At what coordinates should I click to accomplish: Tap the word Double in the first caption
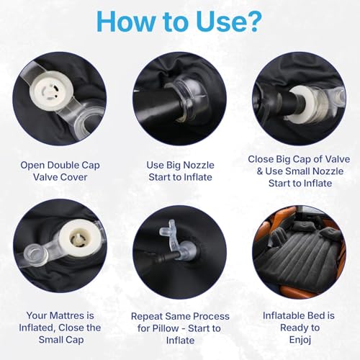63,165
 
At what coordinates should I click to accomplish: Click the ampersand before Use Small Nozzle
260,171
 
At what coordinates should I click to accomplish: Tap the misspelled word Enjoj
300,340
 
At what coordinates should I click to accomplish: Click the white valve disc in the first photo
49,91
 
